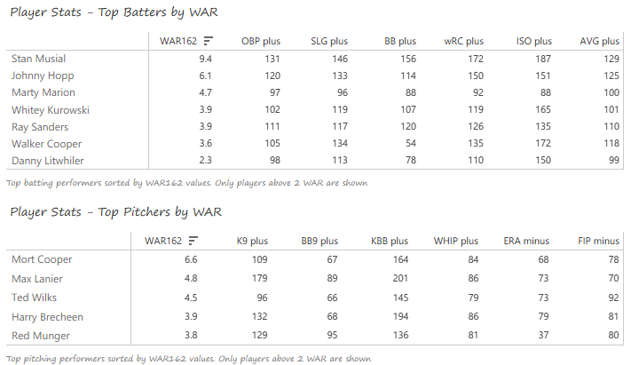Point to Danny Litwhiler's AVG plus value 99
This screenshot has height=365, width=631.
pyautogui.click(x=611, y=161)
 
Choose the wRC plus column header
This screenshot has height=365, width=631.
pyautogui.click(x=463, y=41)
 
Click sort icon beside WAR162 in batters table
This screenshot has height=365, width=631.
pyautogui.click(x=208, y=41)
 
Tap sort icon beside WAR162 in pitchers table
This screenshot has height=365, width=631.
pyautogui.click(x=193, y=241)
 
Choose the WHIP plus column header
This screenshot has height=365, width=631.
pyautogui.click(x=455, y=241)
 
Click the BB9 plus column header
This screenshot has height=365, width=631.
pyautogui.click(x=316, y=241)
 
